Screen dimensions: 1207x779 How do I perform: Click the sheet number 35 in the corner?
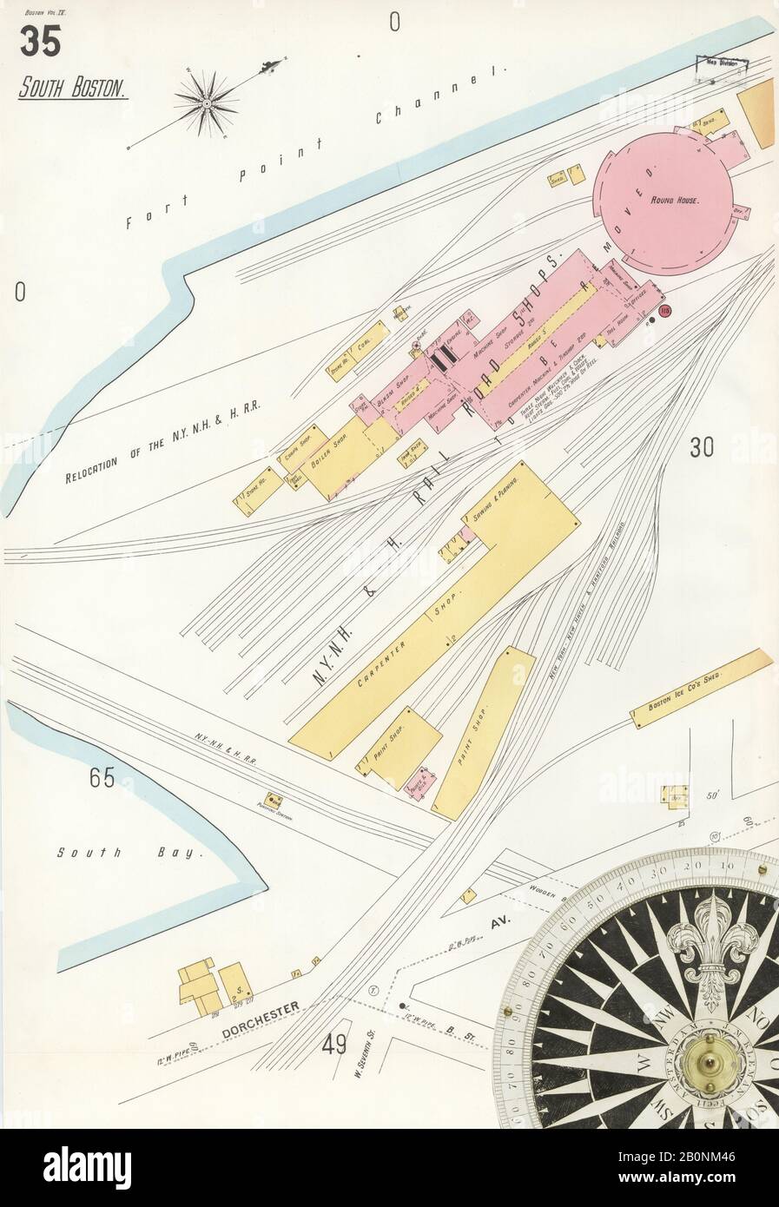click(x=41, y=41)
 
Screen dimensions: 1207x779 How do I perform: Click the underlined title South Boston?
click(x=73, y=88)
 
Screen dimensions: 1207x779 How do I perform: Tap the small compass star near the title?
click(x=208, y=103)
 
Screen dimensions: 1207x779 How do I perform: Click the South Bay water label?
click(x=129, y=853)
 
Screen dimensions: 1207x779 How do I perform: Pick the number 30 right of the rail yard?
click(x=702, y=447)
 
